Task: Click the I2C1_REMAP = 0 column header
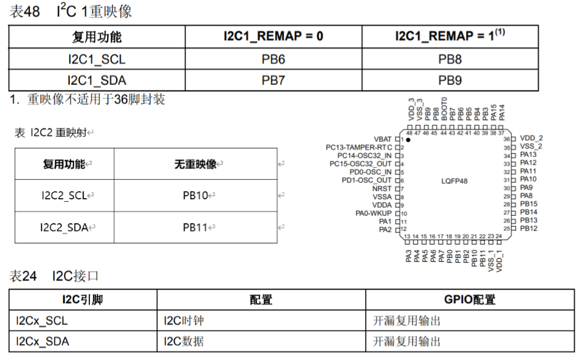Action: pos(273,36)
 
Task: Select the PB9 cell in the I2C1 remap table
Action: pos(450,80)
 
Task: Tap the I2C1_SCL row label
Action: pos(97,59)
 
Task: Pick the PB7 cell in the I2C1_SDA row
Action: pos(273,80)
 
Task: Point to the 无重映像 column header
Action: pos(195,164)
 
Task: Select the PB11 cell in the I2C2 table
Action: pos(196,227)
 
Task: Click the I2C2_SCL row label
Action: pos(64,196)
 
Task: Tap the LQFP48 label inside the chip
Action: pos(454,182)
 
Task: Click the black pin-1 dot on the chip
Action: pos(408,140)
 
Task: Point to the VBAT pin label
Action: pos(382,139)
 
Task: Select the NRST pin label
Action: pos(381,189)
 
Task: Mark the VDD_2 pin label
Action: pos(531,139)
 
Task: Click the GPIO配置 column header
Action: pos(469,299)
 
